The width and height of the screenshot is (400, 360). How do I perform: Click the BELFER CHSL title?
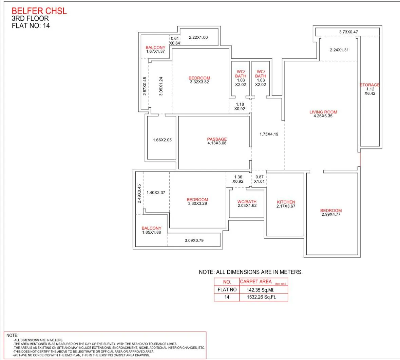pyautogui.click(x=39, y=11)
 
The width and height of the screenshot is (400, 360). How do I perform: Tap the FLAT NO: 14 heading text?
pyautogui.click(x=31, y=25)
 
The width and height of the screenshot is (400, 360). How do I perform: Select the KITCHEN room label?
pyautogui.click(x=286, y=202)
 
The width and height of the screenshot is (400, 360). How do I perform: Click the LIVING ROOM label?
pyautogui.click(x=323, y=112)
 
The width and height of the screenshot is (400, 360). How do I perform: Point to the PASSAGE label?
pyautogui.click(x=217, y=139)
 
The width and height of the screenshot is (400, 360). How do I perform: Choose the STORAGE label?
pyautogui.click(x=370, y=85)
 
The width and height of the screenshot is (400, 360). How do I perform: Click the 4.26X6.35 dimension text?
pyautogui.click(x=323, y=116)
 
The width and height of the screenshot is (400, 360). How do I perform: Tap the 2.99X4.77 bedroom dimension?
pyautogui.click(x=331, y=214)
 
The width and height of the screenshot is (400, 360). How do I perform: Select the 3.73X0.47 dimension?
pyautogui.click(x=348, y=32)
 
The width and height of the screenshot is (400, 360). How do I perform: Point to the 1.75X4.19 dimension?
pyautogui.click(x=269, y=134)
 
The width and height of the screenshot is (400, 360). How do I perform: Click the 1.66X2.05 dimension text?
pyautogui.click(x=162, y=140)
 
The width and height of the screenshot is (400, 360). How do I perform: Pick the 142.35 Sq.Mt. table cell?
pyautogui.click(x=261, y=290)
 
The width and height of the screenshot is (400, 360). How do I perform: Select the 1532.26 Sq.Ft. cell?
pyautogui.click(x=262, y=297)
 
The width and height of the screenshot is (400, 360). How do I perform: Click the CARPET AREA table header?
pyautogui.click(x=256, y=282)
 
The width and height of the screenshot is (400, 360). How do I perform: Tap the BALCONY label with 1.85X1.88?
pyautogui.click(x=152, y=228)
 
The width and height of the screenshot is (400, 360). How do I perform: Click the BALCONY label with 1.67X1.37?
pyautogui.click(x=155, y=48)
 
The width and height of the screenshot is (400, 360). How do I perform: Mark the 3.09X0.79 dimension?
pyautogui.click(x=194, y=240)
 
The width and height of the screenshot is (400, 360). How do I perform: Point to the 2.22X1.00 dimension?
pyautogui.click(x=198, y=37)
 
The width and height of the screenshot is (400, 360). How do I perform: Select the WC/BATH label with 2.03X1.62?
pyautogui.click(x=247, y=201)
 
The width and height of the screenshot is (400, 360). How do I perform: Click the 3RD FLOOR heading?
pyautogui.click(x=30, y=18)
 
